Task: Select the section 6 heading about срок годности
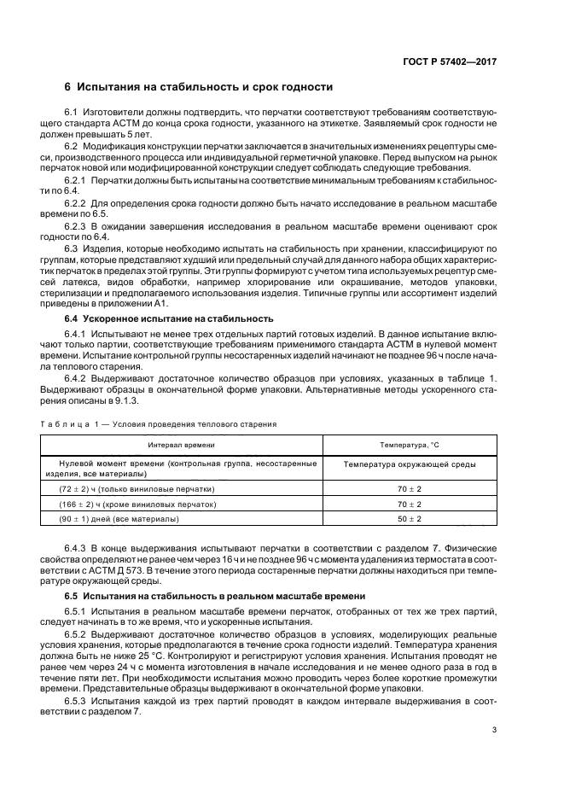tap(198, 87)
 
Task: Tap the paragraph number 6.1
tap(72, 113)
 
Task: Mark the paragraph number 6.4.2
tap(75, 378)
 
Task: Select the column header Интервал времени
tap(181, 445)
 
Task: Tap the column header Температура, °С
tap(409, 445)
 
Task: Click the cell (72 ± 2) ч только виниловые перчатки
tap(136, 488)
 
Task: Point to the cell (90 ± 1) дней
tap(119, 519)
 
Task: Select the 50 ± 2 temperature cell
tap(409, 519)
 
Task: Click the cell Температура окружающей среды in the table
tap(409, 464)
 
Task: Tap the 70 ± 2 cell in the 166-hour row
tap(409, 504)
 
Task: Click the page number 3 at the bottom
tap(494, 729)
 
